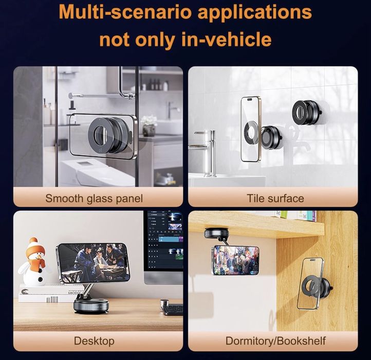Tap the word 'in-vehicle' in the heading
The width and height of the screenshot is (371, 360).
pyautogui.click(x=227, y=39)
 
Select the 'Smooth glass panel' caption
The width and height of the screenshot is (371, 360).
pyautogui.click(x=94, y=199)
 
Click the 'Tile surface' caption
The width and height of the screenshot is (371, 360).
pyautogui.click(x=275, y=199)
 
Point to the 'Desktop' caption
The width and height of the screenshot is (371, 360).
pyautogui.click(x=94, y=341)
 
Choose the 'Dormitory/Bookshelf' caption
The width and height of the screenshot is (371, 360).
pyautogui.click(x=275, y=341)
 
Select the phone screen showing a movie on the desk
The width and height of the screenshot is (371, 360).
pyautogui.click(x=94, y=262)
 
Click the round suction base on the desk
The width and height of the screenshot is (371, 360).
pyautogui.click(x=91, y=306)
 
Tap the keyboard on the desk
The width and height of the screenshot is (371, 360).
pyautogui.click(x=173, y=310)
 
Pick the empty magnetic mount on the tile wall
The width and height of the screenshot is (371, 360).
pyautogui.click(x=307, y=113)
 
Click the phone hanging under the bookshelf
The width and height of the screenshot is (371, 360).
pyautogui.click(x=236, y=260)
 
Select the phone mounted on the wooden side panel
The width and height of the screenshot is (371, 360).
pyautogui.click(x=310, y=283)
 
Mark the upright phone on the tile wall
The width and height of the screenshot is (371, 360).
pyautogui.click(x=250, y=129)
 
